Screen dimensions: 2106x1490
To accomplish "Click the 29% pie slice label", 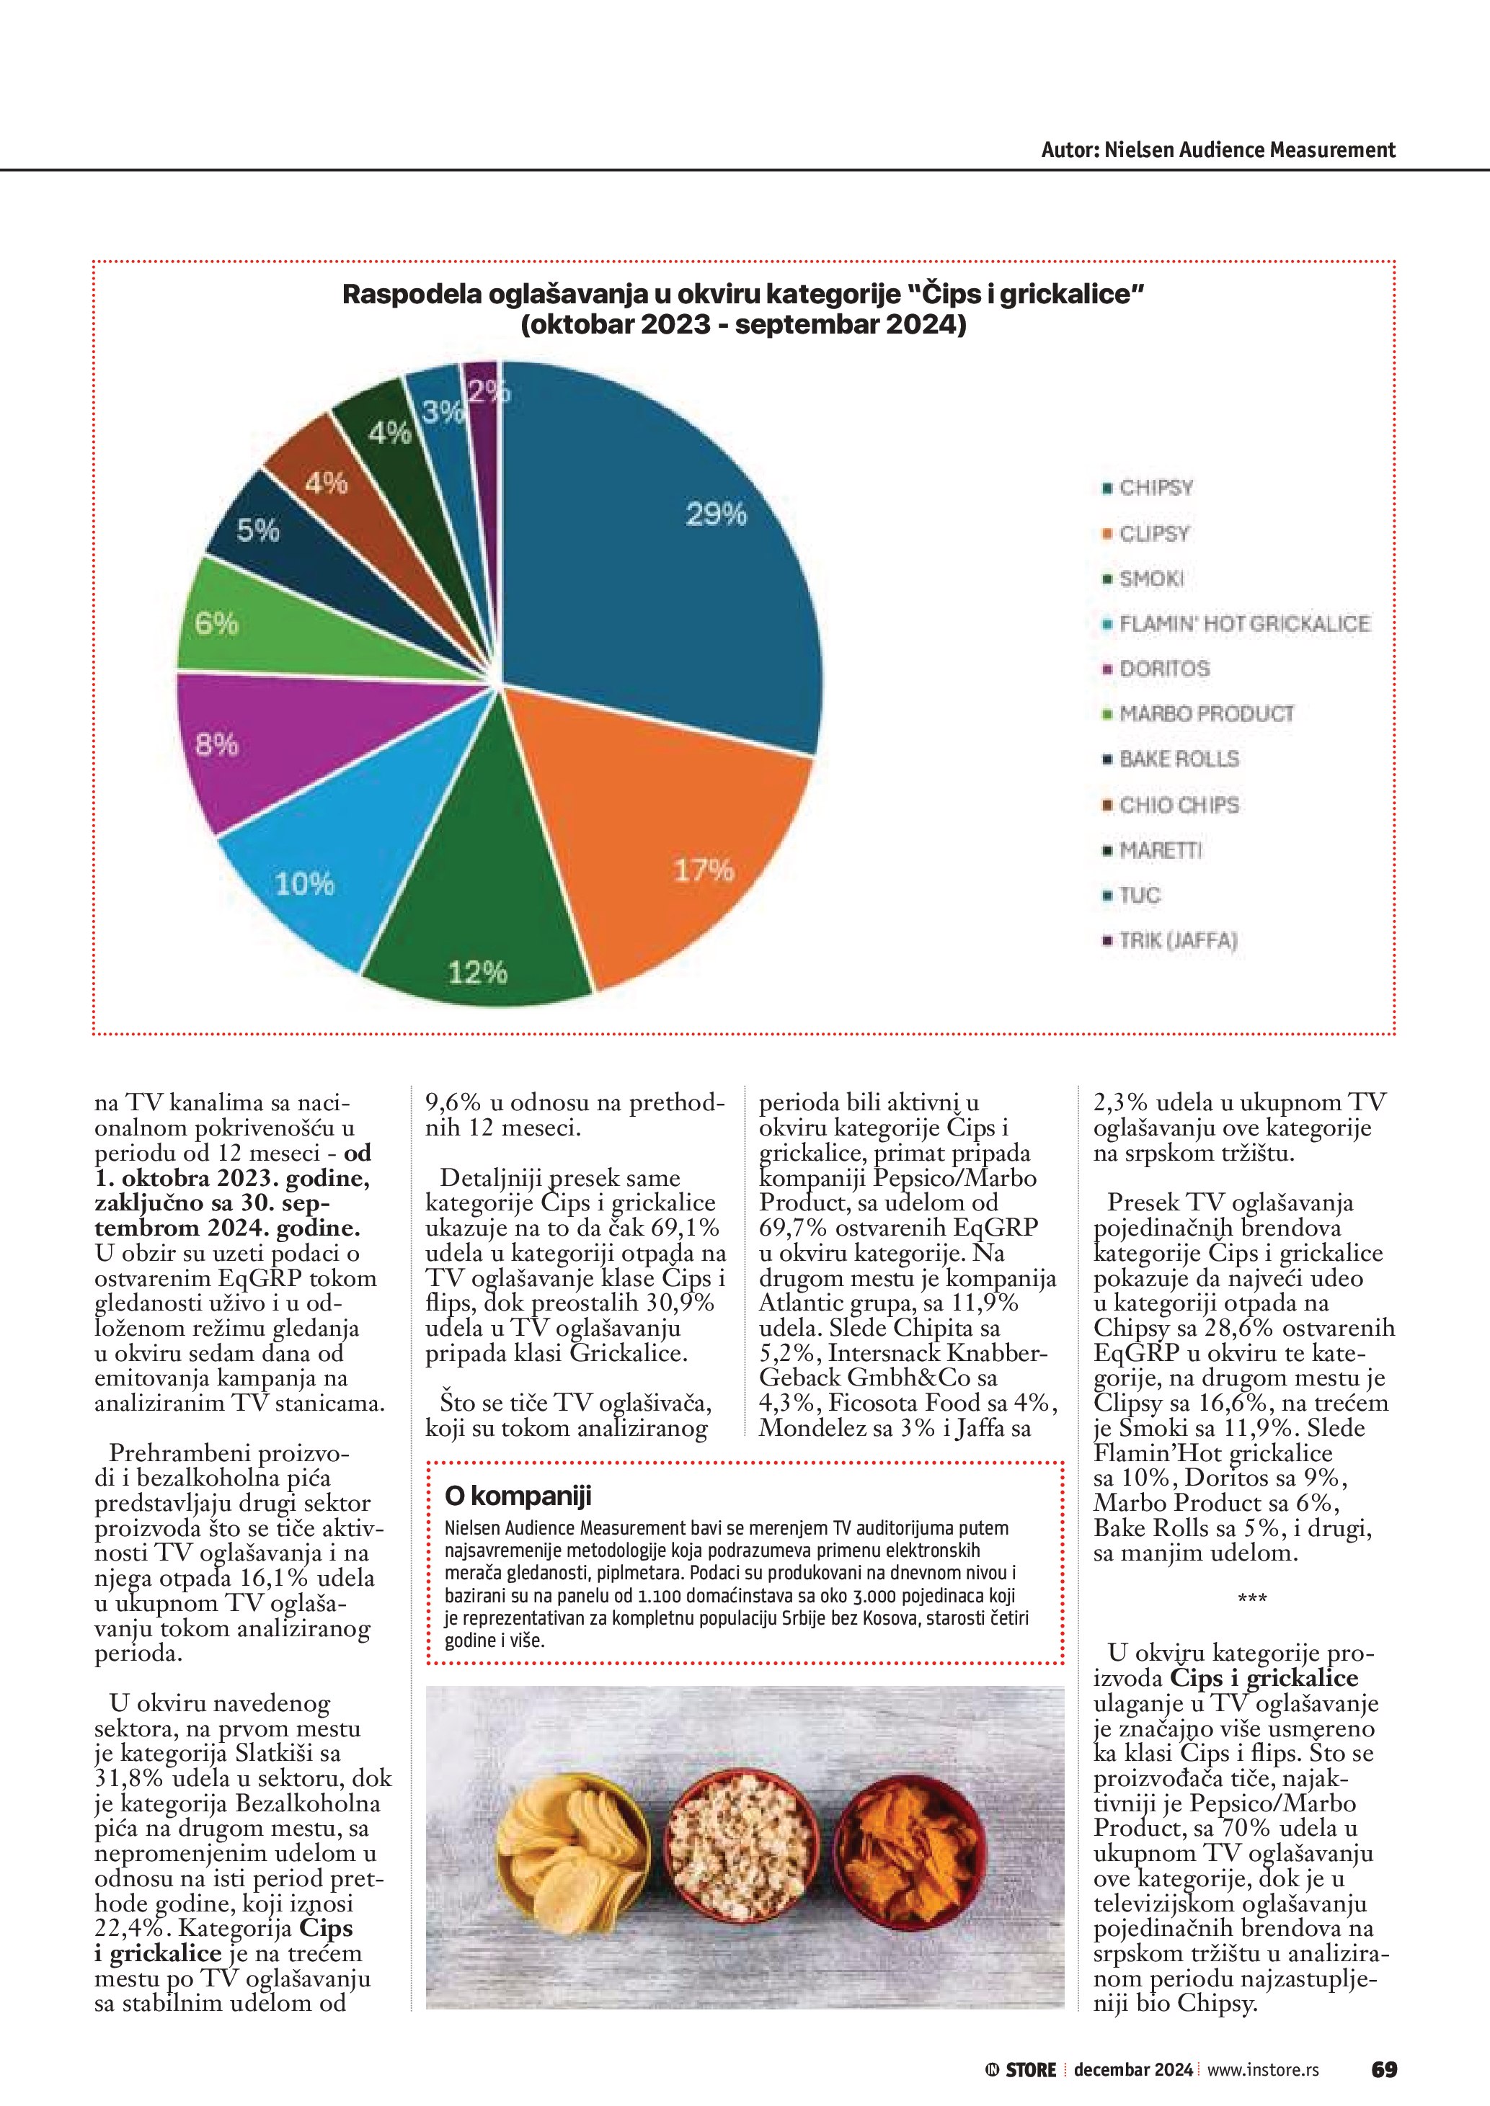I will coord(717,514).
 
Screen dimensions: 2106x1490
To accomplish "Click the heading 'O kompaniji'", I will coord(518,1496).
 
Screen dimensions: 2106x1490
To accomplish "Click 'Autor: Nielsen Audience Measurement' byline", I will coord(1218,151).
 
